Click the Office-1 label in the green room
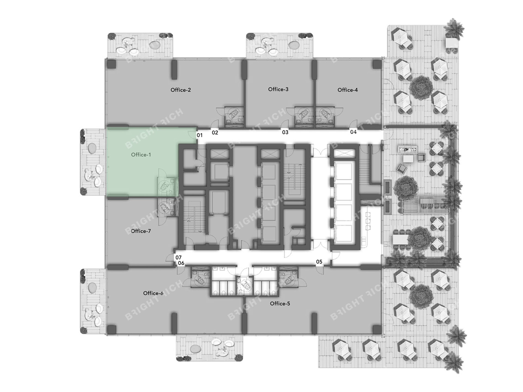click(141, 155)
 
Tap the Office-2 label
click(181, 90)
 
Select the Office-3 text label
click(278, 89)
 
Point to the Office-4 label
click(348, 90)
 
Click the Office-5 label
click(280, 304)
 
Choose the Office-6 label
click(153, 293)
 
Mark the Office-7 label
click(141, 231)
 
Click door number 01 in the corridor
click(200, 135)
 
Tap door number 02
click(215, 133)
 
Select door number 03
click(285, 132)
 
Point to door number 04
click(353, 132)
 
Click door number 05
click(319, 262)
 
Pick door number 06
click(181, 263)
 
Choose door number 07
click(178, 258)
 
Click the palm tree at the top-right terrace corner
click(454, 29)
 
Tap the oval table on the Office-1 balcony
click(92, 148)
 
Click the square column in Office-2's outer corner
click(111, 64)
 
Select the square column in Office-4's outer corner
click(377, 64)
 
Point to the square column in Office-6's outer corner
click(111, 329)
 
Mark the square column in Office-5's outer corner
click(377, 329)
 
